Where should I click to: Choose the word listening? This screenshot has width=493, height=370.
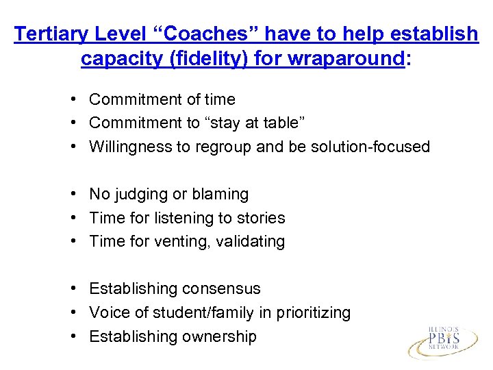(x=181, y=218)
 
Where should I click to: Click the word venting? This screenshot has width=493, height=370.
(x=181, y=241)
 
